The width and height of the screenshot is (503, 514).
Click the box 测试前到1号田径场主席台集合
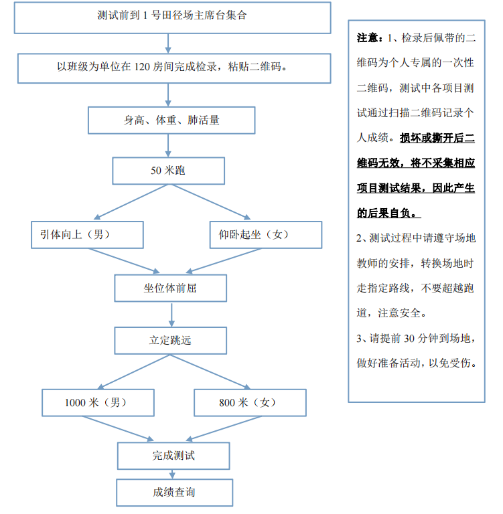click(171, 16)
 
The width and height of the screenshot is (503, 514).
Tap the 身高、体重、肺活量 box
click(171, 120)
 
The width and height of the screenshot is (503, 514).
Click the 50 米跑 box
click(168, 171)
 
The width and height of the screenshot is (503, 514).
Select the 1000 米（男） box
click(98, 403)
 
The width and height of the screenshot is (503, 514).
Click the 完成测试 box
click(173, 456)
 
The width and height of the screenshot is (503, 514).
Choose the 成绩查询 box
click(173, 493)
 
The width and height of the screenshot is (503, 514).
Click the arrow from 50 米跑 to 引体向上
click(131, 201)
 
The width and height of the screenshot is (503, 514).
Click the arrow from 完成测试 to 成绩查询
click(173, 474)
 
